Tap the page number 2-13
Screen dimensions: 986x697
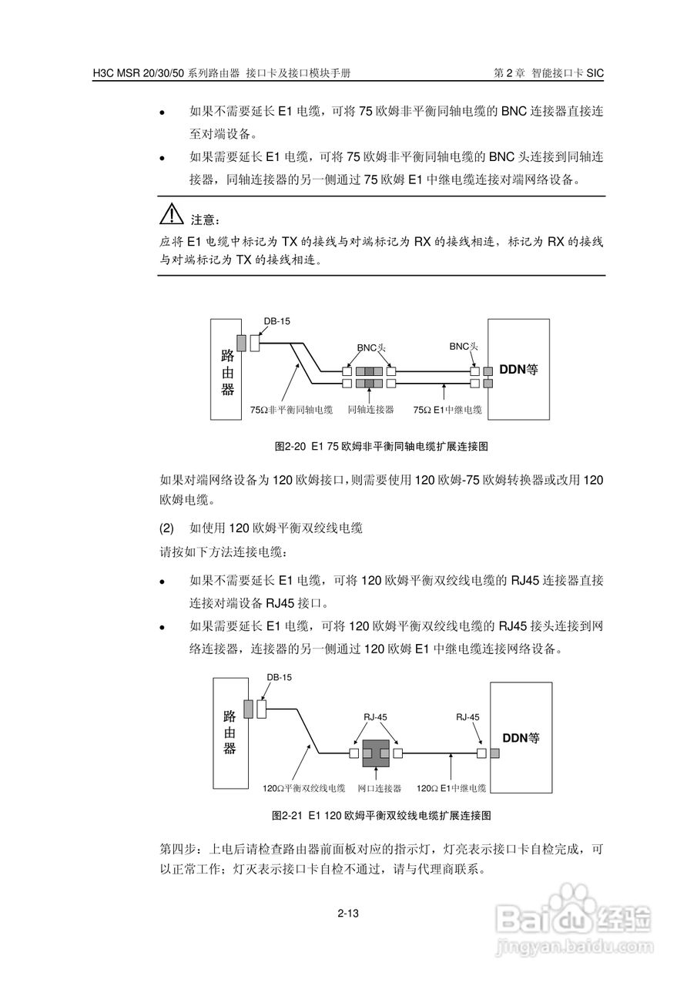click(348, 914)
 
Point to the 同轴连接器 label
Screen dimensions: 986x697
click(370, 410)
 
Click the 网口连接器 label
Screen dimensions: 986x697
click(380, 789)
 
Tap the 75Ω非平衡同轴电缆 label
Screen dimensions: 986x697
click(291, 410)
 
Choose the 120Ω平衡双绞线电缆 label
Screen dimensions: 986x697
click(303, 789)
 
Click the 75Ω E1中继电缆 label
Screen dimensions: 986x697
click(447, 410)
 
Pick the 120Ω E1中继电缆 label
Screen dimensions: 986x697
click(451, 789)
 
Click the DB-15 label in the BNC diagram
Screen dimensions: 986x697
click(277, 322)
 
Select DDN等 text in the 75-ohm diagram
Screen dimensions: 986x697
click(518, 369)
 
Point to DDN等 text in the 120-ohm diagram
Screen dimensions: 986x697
click(521, 737)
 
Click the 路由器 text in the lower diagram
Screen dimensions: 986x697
click(228, 731)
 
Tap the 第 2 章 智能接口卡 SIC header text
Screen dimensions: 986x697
click(548, 73)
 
